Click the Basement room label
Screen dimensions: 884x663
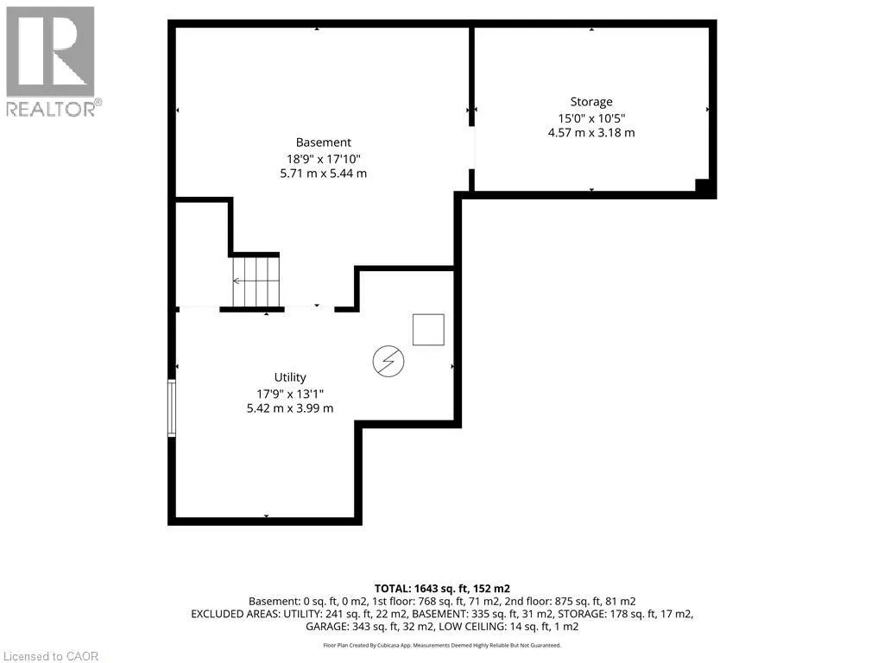(x=323, y=142)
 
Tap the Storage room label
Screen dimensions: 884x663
(x=590, y=102)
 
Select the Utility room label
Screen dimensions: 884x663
(x=290, y=377)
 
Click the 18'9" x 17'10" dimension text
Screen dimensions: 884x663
(x=323, y=159)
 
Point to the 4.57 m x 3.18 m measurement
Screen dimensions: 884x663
(x=590, y=133)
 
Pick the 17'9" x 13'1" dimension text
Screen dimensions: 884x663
(x=290, y=394)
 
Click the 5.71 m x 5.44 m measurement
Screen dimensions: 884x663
(x=323, y=174)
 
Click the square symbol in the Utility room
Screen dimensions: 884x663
(x=428, y=330)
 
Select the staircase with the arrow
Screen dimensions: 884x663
(x=256, y=281)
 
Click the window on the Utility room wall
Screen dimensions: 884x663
(x=172, y=407)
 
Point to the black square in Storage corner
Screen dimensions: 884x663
(x=702, y=186)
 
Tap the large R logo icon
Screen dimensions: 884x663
(x=50, y=51)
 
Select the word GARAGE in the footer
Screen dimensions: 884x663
(x=328, y=627)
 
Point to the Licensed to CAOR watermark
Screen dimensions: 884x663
(x=51, y=656)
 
